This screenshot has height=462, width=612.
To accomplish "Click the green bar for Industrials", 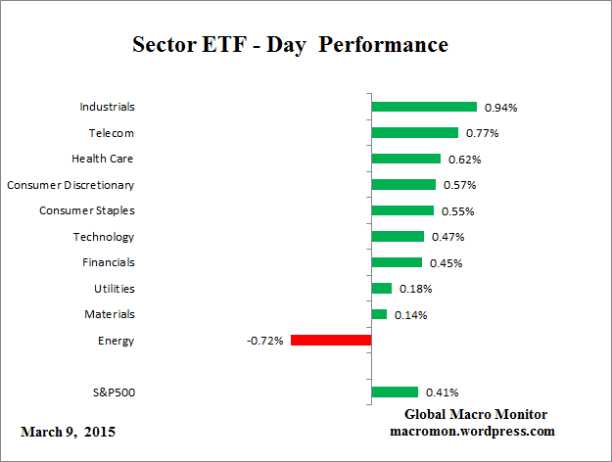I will pos(424,107).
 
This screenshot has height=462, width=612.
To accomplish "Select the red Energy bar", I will pos(331,341).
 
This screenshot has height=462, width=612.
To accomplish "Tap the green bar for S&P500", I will pos(395,393).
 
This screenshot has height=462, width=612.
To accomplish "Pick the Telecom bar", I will pos(414,132).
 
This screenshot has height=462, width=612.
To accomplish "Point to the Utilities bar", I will pos(382,289).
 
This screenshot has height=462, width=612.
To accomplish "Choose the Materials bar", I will pos(379,314).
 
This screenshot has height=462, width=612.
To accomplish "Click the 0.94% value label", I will pos(500,108).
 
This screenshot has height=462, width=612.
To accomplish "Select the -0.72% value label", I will pos(265,341).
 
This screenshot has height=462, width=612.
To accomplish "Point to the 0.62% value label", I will pos(464,160).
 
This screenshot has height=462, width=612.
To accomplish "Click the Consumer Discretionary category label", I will pos(71,184).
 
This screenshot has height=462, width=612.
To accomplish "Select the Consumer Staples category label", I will pos(87,210).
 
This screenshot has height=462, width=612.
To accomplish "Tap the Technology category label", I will pos(104,237).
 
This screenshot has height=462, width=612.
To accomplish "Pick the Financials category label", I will pos(109,262).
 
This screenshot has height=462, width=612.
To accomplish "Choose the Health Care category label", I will pos(103,159).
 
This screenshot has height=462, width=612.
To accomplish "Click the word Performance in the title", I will pos(385,45).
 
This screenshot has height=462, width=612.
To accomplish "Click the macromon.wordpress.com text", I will pos(473,431).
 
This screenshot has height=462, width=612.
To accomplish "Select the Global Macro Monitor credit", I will pos(476,414).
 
